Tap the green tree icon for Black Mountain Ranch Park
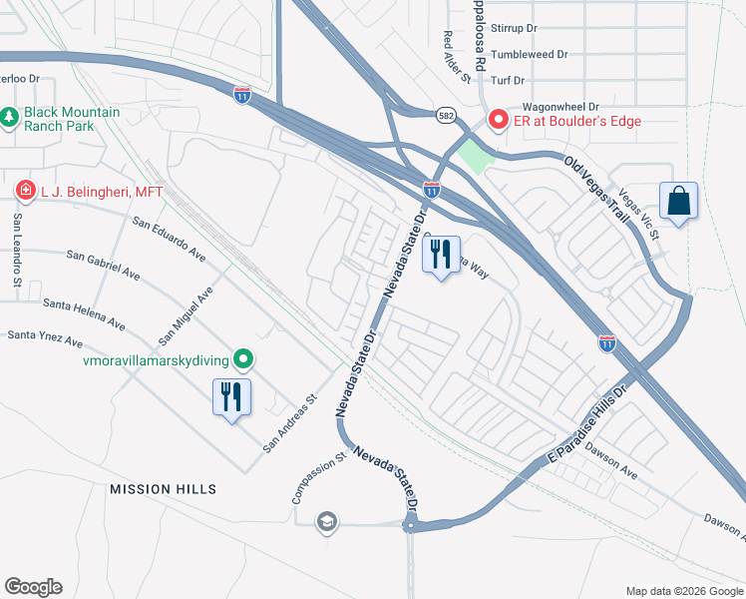[x=10, y=118]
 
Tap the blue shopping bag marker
[x=678, y=201]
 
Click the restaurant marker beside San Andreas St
[x=231, y=397]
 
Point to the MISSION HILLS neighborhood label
[x=163, y=489]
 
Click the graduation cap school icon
[x=326, y=522]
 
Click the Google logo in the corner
[x=33, y=587]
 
